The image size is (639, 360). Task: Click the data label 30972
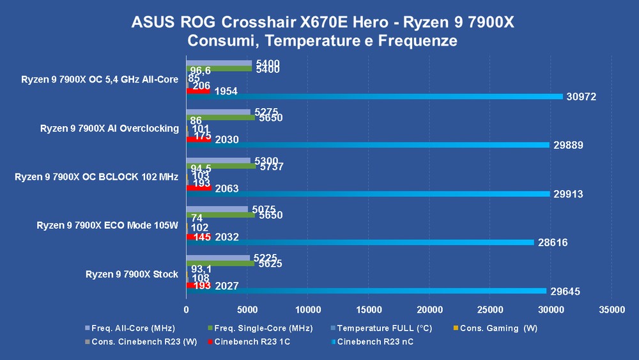(580, 97)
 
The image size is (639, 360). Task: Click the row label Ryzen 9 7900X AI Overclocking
(109, 129)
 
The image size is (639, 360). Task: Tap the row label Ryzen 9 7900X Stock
(132, 274)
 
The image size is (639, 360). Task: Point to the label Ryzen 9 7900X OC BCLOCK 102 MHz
(96, 177)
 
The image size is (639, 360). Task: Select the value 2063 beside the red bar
(227, 189)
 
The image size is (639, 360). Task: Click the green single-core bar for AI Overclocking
(220, 118)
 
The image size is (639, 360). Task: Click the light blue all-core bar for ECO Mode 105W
(217, 209)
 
